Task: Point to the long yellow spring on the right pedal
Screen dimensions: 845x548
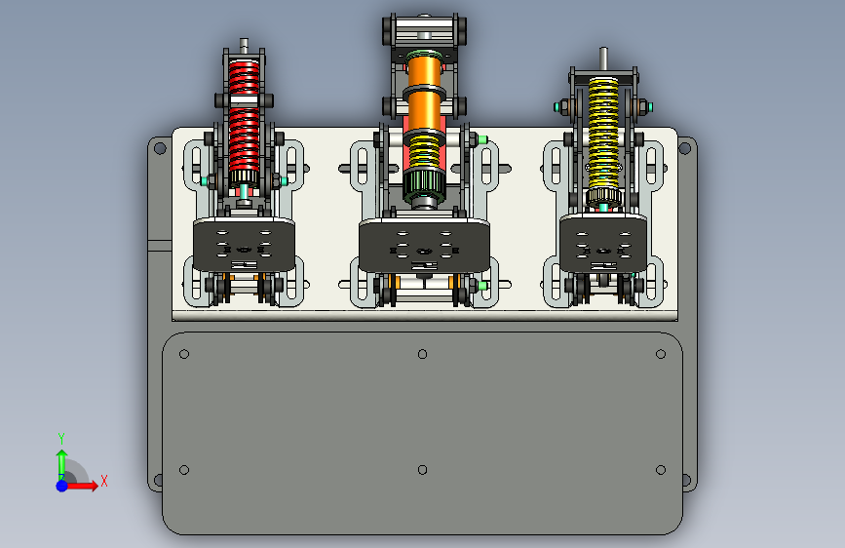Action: click(603, 134)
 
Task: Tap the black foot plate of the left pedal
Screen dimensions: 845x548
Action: click(244, 245)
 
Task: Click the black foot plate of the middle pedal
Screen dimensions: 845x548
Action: click(425, 246)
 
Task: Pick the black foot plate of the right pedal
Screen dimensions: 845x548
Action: click(603, 243)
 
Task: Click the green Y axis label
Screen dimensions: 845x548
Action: click(61, 438)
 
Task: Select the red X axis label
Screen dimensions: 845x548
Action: click(104, 481)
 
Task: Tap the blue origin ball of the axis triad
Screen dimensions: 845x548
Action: click(62, 486)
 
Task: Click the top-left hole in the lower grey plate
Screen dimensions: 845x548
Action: click(184, 354)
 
